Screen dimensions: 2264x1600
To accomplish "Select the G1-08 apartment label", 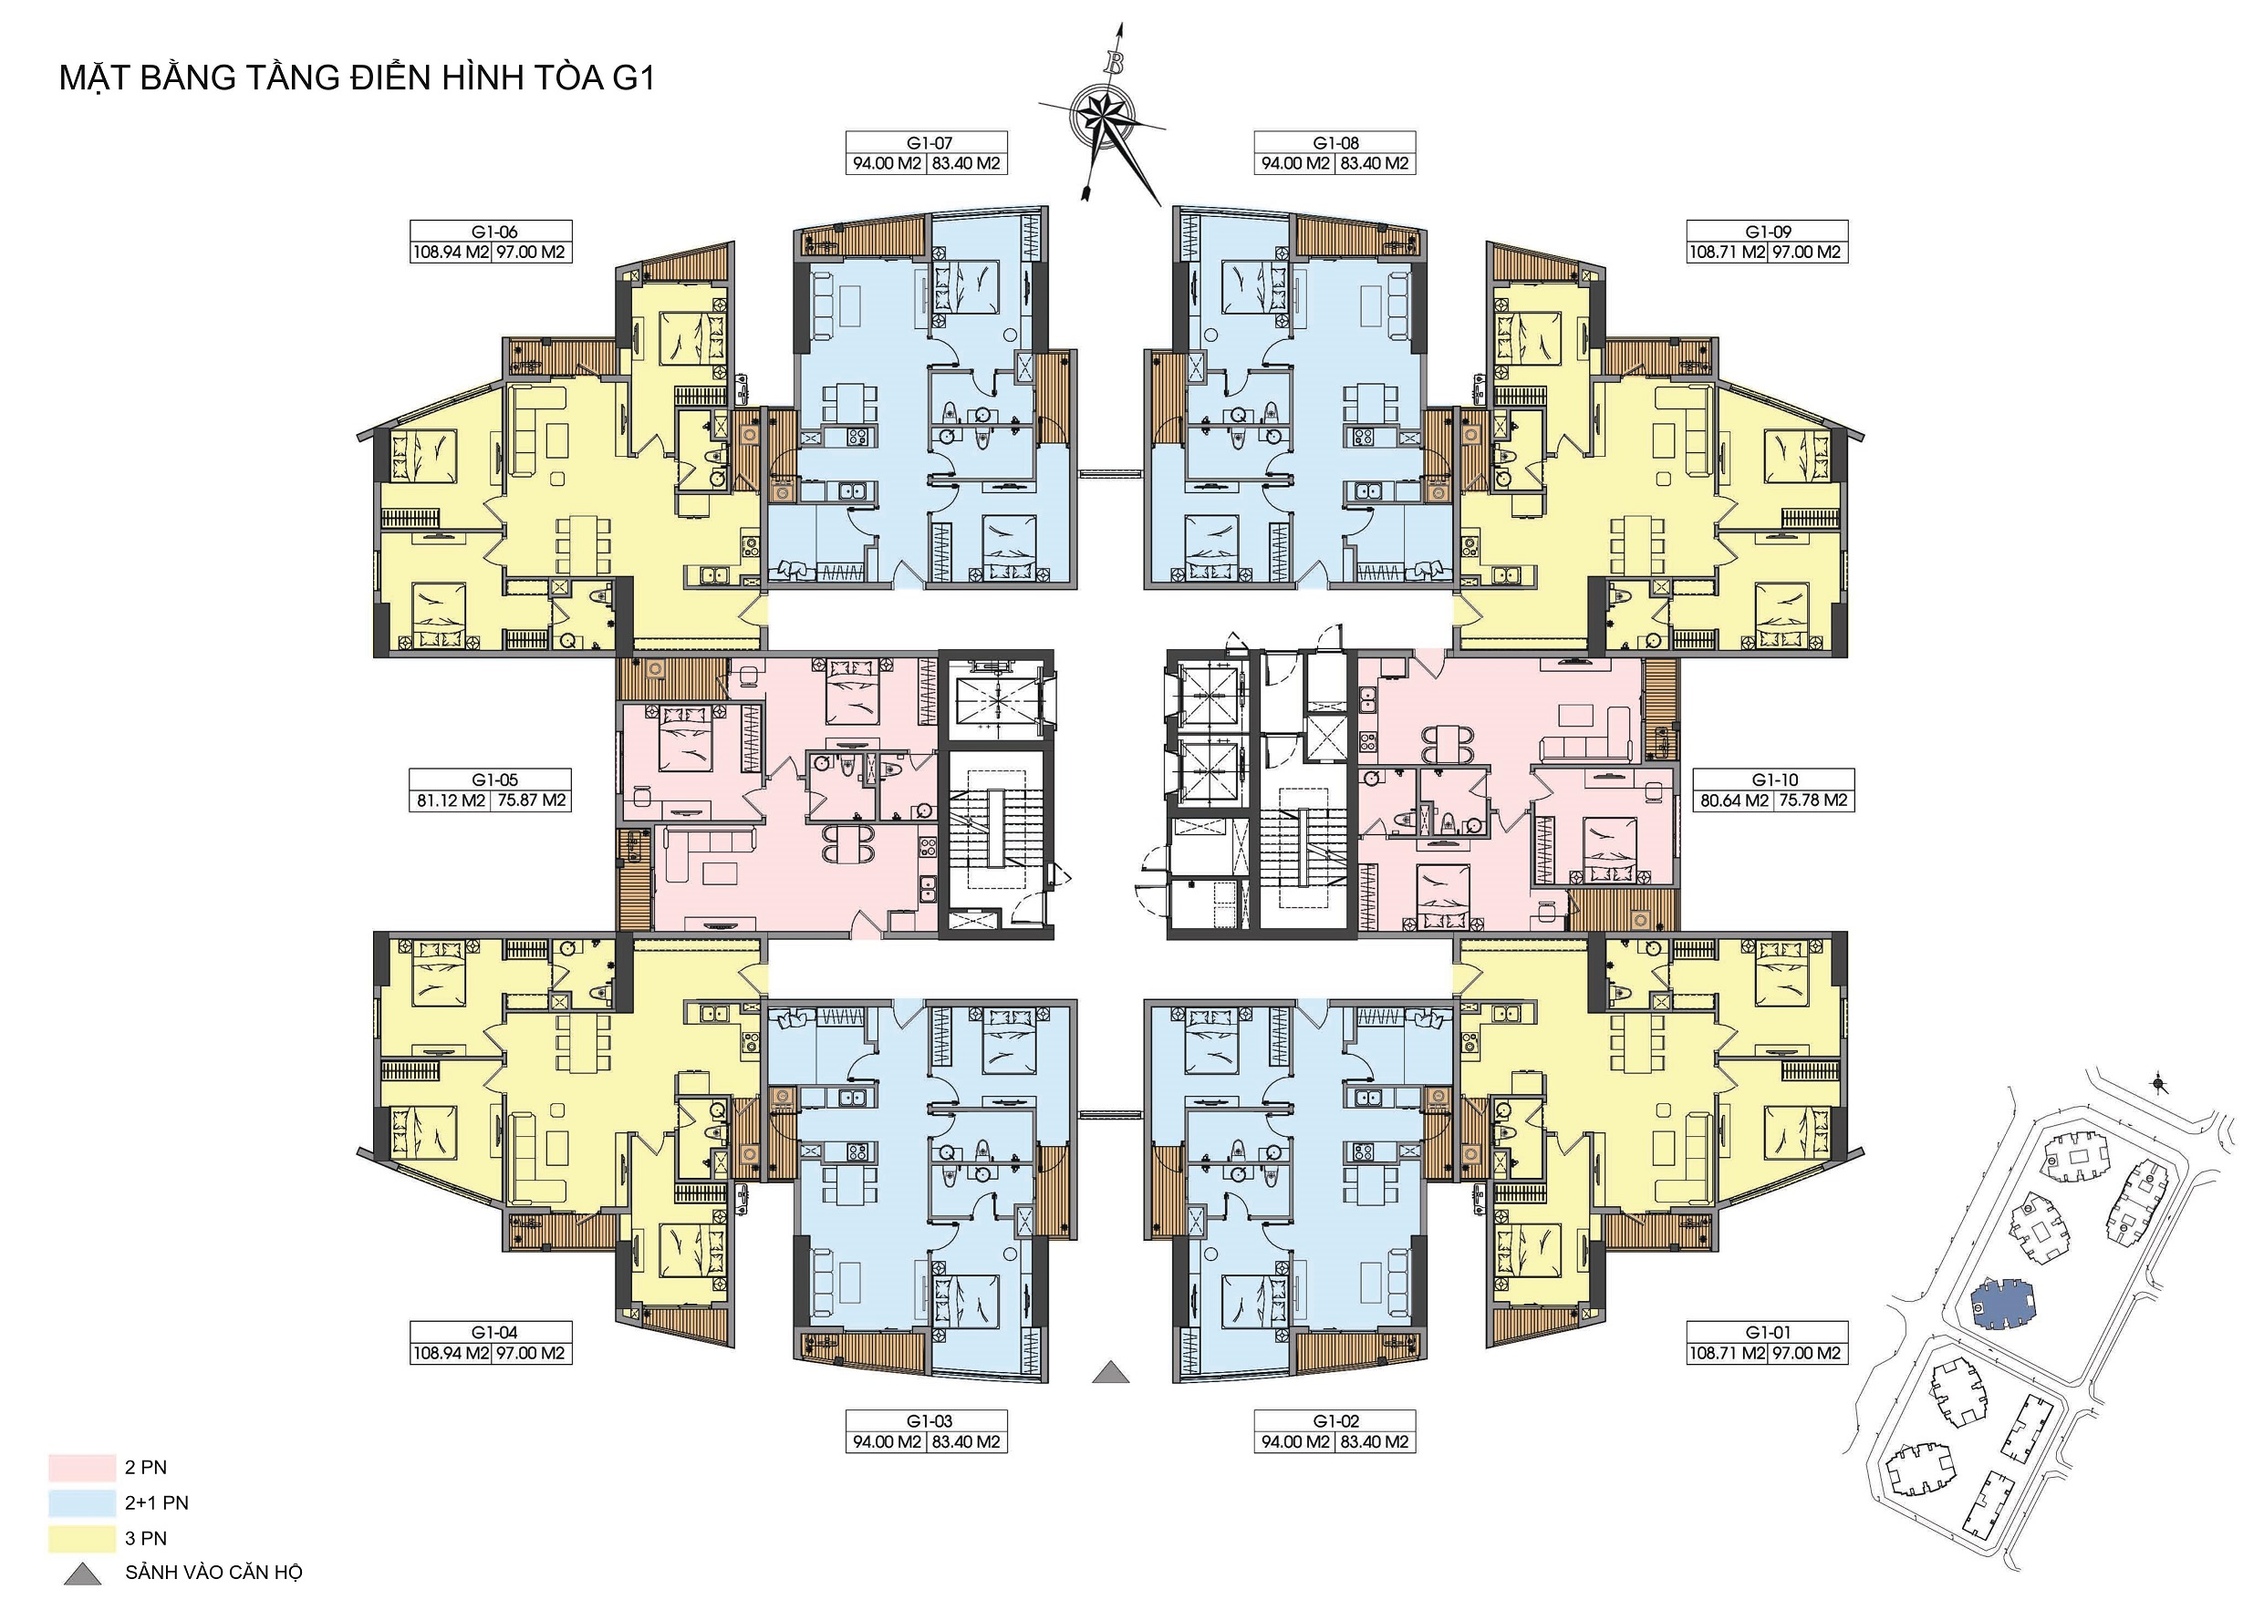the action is click(1335, 143).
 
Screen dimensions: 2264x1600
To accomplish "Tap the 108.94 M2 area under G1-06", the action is click(451, 253).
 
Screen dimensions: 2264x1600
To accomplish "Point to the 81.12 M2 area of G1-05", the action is click(451, 800).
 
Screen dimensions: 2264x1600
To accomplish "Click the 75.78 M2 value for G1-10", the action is click(1813, 800).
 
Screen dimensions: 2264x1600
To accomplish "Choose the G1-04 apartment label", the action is click(494, 1333).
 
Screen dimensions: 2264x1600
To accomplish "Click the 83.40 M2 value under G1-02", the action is click(1375, 1442).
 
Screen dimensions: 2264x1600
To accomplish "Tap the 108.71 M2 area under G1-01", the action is click(1728, 1354).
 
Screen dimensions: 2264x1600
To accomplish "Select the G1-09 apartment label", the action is click(1768, 232).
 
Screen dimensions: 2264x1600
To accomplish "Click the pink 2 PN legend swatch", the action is click(82, 1468).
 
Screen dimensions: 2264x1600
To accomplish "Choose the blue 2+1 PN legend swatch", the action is click(82, 1503).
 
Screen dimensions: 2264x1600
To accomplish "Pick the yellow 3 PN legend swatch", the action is click(82, 1538).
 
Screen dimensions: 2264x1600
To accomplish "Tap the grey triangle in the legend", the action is click(82, 1574).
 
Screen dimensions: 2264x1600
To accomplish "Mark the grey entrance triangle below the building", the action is click(1111, 1373).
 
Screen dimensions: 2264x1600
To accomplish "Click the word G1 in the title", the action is click(633, 77).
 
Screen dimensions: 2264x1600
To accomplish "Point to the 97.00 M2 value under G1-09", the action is click(1806, 253).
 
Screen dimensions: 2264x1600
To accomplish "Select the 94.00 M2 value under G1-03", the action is click(888, 1442).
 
